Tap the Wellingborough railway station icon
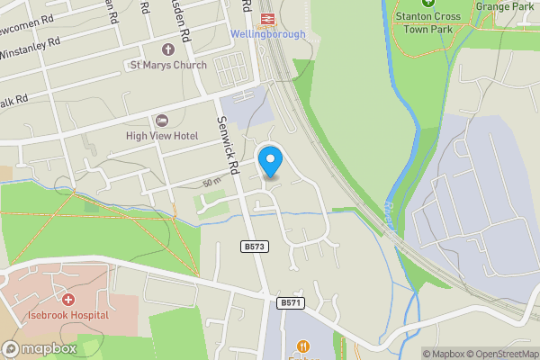(x=266, y=18)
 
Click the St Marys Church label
(x=168, y=65)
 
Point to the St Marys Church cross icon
(x=167, y=49)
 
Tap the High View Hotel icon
(x=162, y=120)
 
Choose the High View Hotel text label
(x=162, y=136)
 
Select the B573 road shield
(x=254, y=247)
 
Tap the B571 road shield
(x=290, y=303)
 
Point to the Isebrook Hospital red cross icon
(x=67, y=299)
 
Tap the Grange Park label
(x=505, y=6)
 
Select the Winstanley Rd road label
(x=29, y=42)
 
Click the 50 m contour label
(x=211, y=183)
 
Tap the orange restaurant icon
(x=302, y=346)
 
